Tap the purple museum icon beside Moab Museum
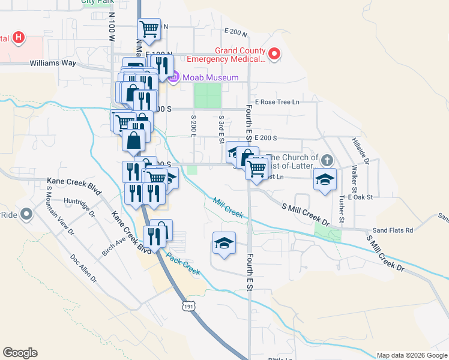(175, 77)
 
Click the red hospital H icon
(19, 38)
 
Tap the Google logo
(20, 353)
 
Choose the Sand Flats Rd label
(393, 230)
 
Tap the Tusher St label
(341, 208)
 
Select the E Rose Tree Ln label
(277, 102)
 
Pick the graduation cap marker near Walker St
(325, 179)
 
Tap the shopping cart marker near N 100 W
(149, 28)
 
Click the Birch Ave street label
(113, 247)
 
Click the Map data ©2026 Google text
(412, 355)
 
